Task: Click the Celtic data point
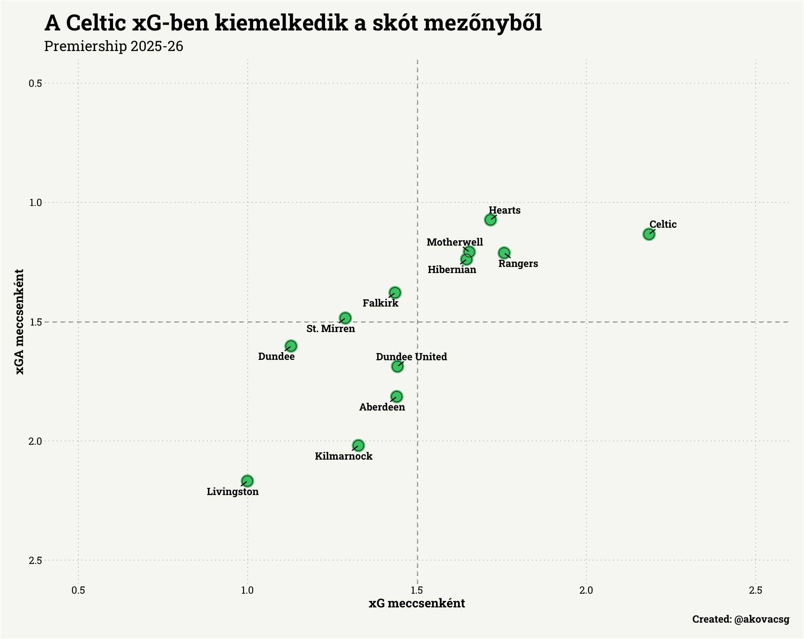point(649,234)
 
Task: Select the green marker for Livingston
point(247,481)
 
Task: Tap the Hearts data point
point(490,220)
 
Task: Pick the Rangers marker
point(504,253)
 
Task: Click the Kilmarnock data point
point(358,445)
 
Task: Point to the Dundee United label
point(411,357)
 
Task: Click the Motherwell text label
point(455,242)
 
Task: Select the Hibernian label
point(451,270)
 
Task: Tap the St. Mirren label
point(330,329)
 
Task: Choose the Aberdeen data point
point(396,397)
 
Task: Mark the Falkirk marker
point(395,293)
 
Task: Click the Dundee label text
point(276,356)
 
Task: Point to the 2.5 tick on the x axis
point(755,590)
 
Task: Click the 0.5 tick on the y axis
point(35,83)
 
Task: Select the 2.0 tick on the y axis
point(35,441)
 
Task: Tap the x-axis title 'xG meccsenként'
point(417,604)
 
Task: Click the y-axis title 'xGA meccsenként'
point(20,322)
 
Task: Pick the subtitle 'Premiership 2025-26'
point(113,46)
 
